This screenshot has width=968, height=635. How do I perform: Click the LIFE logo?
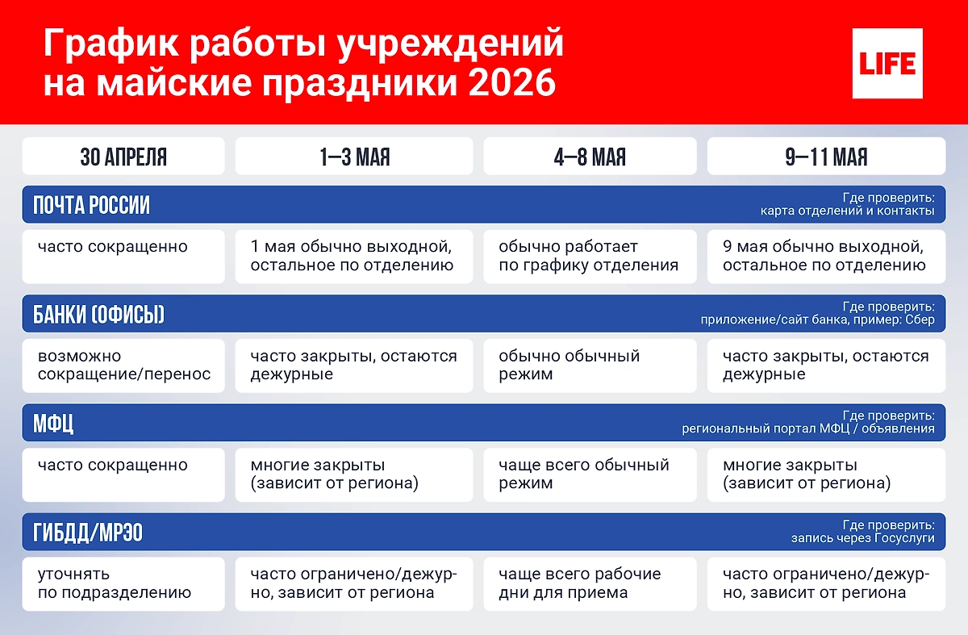pos(887,63)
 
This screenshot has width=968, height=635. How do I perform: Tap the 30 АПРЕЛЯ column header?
pos(123,157)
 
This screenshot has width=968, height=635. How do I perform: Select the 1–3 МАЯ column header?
pos(355,157)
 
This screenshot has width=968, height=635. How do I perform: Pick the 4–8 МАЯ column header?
pos(590,157)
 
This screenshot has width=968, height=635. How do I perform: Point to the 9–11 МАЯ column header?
pos(826,157)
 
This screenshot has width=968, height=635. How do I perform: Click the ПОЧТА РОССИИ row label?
pos(91,205)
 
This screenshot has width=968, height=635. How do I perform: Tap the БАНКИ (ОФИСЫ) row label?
pos(98,315)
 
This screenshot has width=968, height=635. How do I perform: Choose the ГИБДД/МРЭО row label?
pos(88,533)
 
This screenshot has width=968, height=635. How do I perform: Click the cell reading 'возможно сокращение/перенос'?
pos(123,366)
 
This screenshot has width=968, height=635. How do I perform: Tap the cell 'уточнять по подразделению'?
pos(123,583)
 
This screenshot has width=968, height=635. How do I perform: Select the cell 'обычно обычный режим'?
pos(590,366)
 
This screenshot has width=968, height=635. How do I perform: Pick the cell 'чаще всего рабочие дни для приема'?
pos(590,583)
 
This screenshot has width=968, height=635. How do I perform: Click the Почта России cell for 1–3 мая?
pos(355,256)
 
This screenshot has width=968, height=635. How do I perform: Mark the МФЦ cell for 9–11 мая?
pos(826,474)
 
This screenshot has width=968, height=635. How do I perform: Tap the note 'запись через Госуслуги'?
pos(863,538)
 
